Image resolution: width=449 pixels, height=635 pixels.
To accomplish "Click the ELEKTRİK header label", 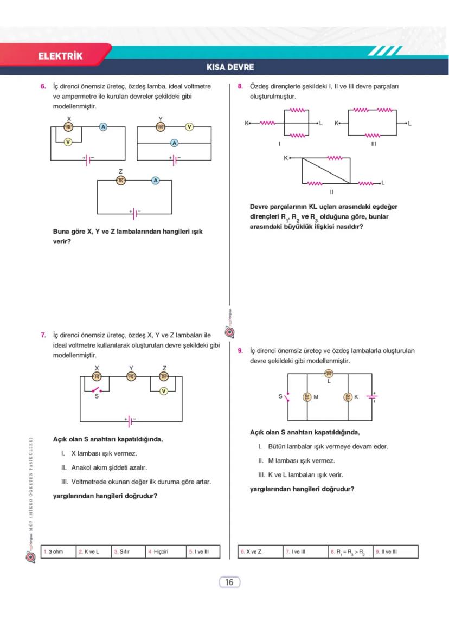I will (60, 56).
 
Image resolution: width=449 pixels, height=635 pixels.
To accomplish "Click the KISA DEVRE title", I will (230, 68).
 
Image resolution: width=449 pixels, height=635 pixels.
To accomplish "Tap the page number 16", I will (229, 582).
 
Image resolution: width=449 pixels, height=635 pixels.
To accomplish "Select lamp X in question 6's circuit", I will (69, 127).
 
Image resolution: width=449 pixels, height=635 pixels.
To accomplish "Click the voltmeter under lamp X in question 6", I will (68, 142).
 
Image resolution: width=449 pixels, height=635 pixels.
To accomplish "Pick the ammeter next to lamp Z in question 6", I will (156, 180).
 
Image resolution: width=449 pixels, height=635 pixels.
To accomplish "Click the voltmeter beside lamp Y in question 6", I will (189, 127).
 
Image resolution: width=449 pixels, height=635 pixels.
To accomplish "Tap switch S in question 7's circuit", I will (97, 389).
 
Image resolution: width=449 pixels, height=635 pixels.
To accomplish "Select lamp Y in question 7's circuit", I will (131, 377).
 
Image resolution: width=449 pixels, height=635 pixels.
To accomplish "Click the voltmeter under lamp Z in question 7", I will (164, 391).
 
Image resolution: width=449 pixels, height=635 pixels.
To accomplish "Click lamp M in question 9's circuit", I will (307, 397).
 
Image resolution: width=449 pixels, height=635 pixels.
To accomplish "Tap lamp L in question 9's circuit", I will (328, 374).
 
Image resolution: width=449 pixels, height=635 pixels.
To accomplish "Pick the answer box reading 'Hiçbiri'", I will (166, 551).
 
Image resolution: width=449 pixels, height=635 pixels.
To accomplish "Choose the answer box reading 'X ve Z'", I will (260, 551).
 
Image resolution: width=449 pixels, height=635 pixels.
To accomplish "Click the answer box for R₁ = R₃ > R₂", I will (350, 551).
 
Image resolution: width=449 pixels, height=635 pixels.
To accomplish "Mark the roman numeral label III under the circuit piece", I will (373, 145).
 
